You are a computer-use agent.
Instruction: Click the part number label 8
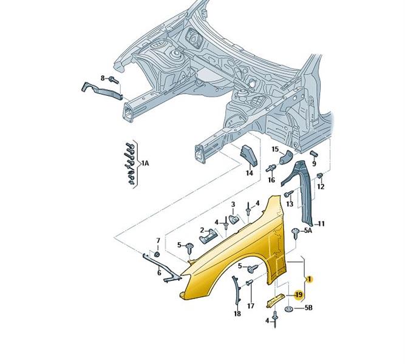(x=103, y=78)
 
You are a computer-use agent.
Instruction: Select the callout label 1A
(x=145, y=163)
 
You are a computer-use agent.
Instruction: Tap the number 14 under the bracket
(x=249, y=173)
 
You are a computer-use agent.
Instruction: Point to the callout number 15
(x=275, y=149)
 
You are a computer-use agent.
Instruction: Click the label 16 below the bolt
(x=271, y=180)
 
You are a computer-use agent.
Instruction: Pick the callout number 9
(x=314, y=163)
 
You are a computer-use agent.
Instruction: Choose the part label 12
(x=321, y=186)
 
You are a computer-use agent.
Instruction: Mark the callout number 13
(x=290, y=204)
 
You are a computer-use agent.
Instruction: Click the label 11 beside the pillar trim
(x=321, y=224)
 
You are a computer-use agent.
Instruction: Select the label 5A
(x=307, y=231)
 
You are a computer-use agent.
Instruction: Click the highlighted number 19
(x=298, y=294)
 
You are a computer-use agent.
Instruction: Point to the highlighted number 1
(x=309, y=280)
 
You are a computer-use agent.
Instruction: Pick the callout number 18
(x=237, y=314)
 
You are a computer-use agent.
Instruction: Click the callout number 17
(x=250, y=305)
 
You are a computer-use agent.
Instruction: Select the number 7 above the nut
(x=158, y=241)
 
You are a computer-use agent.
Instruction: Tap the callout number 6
(x=159, y=274)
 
